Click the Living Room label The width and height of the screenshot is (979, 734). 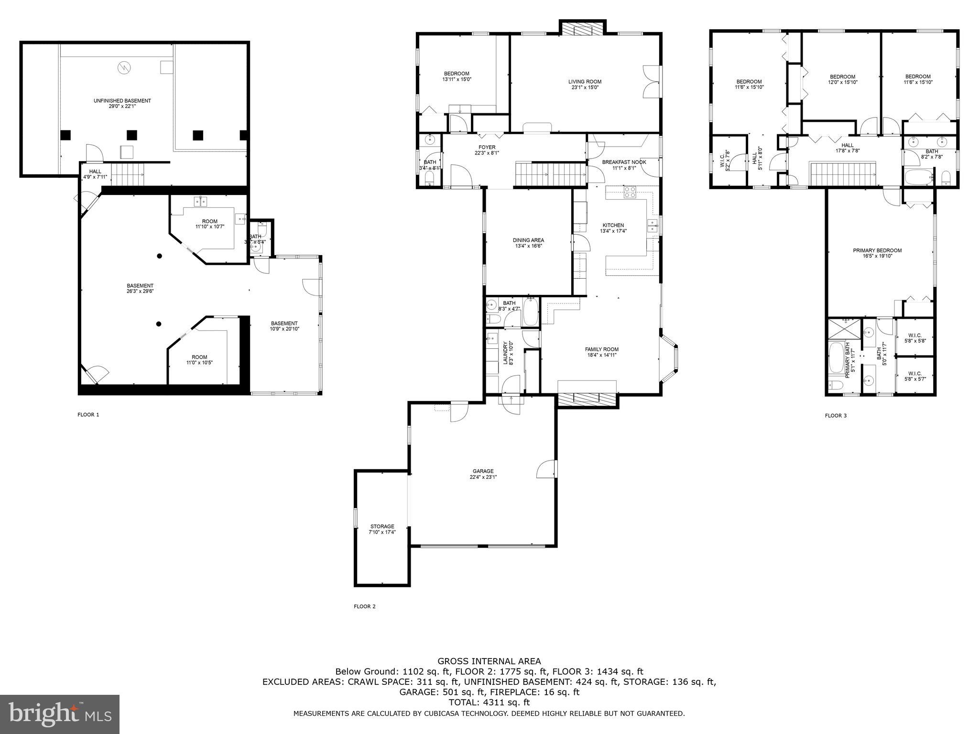tap(585, 82)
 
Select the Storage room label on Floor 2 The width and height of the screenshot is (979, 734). tap(381, 526)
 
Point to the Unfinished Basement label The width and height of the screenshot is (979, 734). tap(122, 101)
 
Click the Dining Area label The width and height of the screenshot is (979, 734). tap(528, 240)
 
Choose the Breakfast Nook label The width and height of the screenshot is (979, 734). tap(624, 162)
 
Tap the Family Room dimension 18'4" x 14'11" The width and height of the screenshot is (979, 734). tap(602, 355)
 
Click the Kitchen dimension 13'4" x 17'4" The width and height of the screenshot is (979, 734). tap(613, 231)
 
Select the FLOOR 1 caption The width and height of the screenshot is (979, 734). tap(88, 415)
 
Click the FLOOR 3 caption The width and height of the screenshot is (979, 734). tap(836, 416)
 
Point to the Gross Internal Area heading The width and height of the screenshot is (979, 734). tap(489, 661)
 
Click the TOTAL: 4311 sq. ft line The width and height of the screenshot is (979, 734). tap(489, 702)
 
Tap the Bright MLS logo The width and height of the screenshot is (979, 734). tap(60, 714)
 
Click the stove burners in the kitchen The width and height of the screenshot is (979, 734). tap(630, 192)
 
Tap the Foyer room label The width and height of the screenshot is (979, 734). tap(487, 147)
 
